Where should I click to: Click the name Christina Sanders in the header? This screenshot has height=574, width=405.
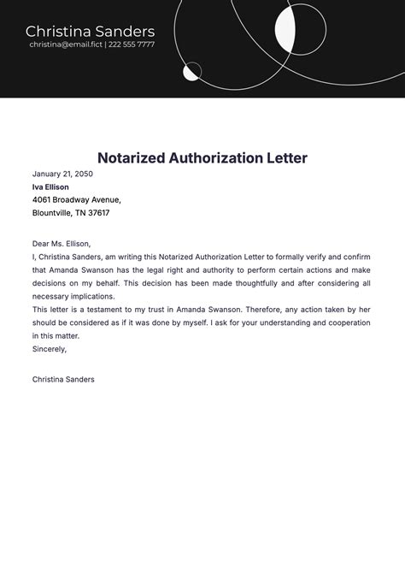90,32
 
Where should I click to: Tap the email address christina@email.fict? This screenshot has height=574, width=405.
65,44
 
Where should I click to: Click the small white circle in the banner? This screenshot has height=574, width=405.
192,71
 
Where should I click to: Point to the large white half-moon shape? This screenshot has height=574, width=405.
285,27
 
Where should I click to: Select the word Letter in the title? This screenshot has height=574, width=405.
284,158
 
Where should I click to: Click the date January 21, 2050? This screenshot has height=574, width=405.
62,174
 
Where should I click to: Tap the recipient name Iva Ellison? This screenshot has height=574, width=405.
50,186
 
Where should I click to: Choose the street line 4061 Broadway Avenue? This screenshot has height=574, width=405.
77,200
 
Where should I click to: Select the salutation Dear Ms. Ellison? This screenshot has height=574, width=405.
62,244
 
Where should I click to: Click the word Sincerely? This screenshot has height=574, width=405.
50,349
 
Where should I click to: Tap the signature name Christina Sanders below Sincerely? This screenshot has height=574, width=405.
63,379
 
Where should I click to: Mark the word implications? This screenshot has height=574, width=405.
99,296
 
